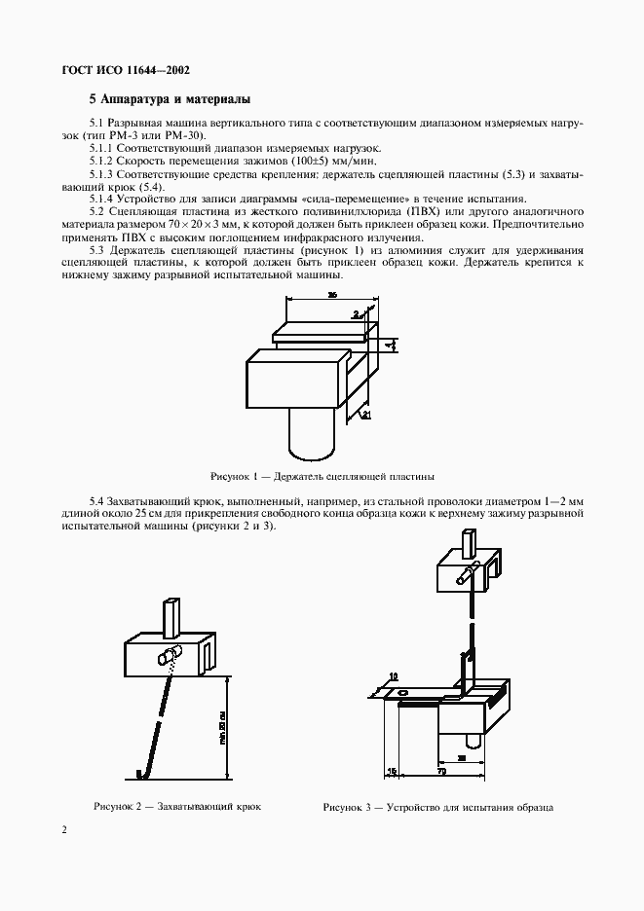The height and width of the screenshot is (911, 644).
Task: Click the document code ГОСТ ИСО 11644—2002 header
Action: coord(126,70)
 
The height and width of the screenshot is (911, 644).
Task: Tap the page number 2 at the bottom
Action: coord(64,829)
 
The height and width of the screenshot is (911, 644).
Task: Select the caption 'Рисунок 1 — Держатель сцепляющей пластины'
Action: coord(322,477)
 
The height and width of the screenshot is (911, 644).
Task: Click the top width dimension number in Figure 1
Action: coord(332,294)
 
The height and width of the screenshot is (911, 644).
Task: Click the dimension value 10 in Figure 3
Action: coord(393,675)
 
